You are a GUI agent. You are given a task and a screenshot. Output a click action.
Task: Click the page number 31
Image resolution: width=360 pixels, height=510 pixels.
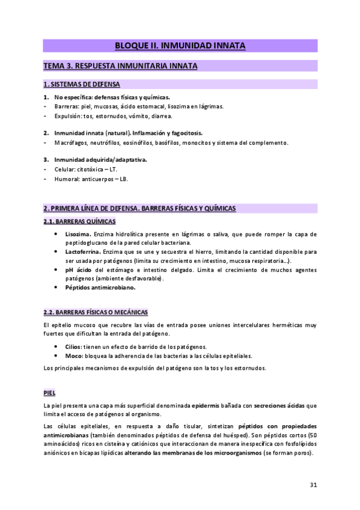tap(313, 485)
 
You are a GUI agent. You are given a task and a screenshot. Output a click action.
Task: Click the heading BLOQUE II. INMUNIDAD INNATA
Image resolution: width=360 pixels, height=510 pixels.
tap(180, 46)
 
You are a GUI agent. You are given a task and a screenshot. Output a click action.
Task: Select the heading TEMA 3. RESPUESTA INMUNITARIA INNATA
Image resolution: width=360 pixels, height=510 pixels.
tap(120, 65)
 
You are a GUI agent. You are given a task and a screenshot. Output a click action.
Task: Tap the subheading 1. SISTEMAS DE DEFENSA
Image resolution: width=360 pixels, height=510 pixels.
tap(82, 84)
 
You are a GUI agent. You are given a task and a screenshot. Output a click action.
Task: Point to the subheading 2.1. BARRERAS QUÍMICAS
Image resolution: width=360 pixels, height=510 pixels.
tap(79, 222)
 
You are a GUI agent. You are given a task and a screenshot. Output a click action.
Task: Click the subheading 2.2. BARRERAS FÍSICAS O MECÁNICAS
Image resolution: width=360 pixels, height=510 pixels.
tap(95, 313)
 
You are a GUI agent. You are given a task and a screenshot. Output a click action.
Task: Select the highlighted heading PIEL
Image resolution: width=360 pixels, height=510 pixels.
tap(49, 376)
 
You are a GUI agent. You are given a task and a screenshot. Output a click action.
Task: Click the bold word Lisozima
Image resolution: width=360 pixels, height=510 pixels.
tap(78, 234)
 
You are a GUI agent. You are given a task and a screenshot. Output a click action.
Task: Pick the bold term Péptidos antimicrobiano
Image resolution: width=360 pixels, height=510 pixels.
tap(100, 287)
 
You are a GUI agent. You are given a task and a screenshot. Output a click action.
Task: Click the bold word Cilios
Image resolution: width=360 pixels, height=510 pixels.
tap(73, 347)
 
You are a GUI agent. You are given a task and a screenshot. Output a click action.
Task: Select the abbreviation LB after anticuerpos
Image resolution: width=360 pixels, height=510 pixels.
tap(124, 179)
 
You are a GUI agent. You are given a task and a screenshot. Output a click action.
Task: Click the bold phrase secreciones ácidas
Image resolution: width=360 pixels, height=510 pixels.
tap(275, 389)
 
